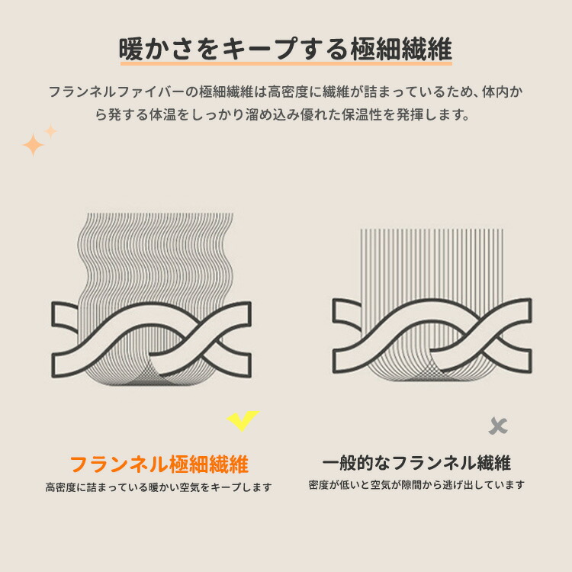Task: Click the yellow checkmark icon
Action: [243, 420]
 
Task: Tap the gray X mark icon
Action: [498, 426]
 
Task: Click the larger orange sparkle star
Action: [33, 145]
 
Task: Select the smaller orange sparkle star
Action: [50, 131]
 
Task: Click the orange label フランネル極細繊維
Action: [159, 464]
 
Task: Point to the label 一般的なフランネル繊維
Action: [416, 463]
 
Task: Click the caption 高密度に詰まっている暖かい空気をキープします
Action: [159, 487]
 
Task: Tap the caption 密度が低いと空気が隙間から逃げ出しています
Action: [416, 485]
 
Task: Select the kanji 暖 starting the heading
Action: [131, 49]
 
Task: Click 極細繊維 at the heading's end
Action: [402, 49]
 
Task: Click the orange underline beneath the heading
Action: [286, 63]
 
